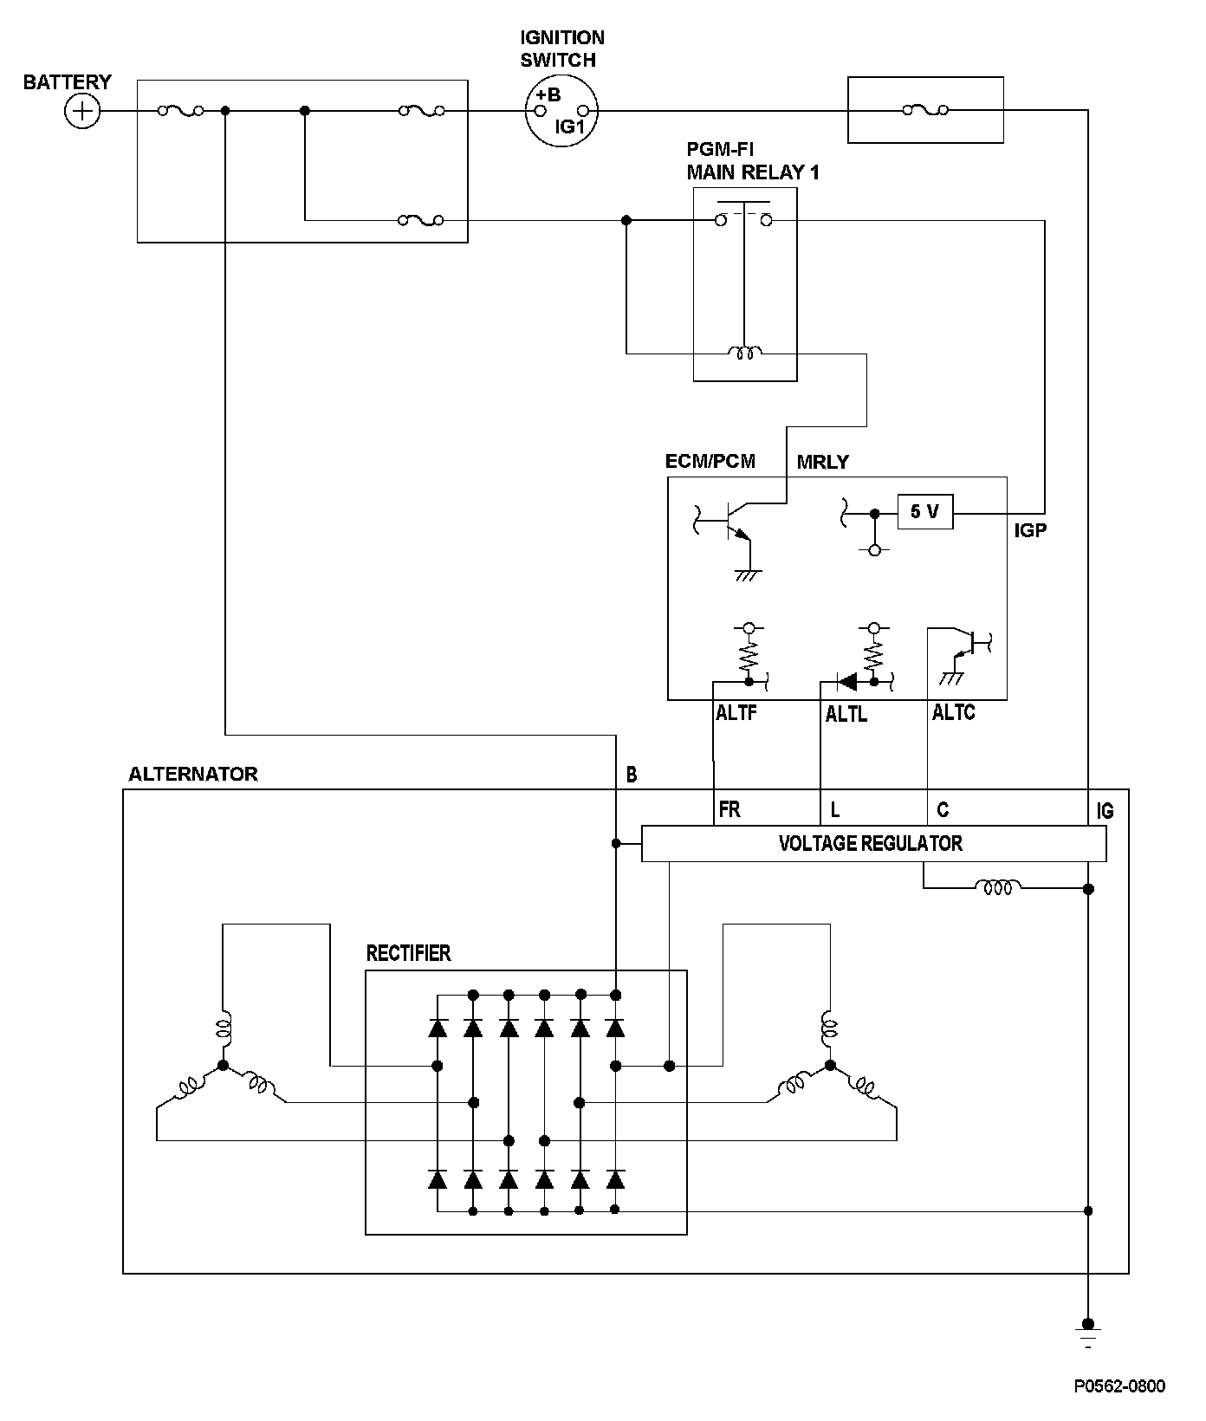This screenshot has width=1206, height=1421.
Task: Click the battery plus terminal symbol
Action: pyautogui.click(x=82, y=112)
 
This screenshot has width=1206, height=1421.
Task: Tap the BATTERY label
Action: pyautogui.click(x=67, y=82)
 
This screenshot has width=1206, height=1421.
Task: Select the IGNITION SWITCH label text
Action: pyautogui.click(x=561, y=49)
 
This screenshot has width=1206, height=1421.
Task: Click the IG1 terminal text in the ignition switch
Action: pyautogui.click(x=571, y=127)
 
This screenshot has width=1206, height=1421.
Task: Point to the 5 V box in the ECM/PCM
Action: pyautogui.click(x=924, y=512)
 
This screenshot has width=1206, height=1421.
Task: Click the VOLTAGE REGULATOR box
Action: pyautogui.click(x=873, y=843)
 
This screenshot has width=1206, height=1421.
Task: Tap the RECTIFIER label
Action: pyautogui.click(x=408, y=953)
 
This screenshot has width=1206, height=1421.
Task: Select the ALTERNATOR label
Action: pyautogui.click(x=192, y=774)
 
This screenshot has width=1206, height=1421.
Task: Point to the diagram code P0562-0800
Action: pyautogui.click(x=1119, y=1385)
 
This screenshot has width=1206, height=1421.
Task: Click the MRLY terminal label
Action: pyautogui.click(x=822, y=462)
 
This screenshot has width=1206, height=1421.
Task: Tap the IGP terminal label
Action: pyautogui.click(x=1030, y=530)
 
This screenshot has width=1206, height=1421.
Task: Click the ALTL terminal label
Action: pyautogui.click(x=846, y=715)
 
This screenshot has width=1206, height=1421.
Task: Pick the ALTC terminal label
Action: pyautogui.click(x=953, y=713)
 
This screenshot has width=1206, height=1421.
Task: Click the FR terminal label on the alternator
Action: pyautogui.click(x=729, y=810)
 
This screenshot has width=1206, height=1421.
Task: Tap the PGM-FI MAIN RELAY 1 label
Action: pyautogui.click(x=752, y=161)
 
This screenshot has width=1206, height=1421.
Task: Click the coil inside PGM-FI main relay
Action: pyautogui.click(x=745, y=353)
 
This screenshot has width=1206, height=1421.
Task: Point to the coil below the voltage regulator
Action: pyautogui.click(x=998, y=886)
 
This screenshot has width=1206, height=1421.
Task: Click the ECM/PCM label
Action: pyautogui.click(x=710, y=461)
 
